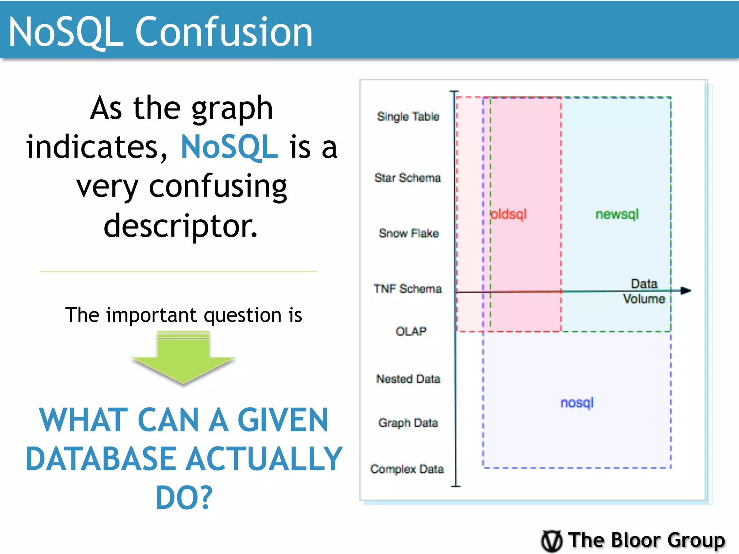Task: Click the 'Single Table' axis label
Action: (408, 116)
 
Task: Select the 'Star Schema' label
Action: (407, 178)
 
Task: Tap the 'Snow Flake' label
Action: (408, 233)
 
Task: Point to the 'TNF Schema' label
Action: (407, 289)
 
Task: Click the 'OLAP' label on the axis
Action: (411, 331)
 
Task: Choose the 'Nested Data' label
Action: (408, 379)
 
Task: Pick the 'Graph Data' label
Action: (408, 423)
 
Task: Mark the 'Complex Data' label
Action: (407, 469)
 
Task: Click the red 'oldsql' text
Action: (509, 214)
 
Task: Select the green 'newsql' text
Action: (617, 214)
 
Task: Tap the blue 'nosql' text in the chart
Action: (577, 403)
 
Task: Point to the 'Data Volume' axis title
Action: (644, 291)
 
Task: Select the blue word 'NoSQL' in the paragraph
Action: (229, 147)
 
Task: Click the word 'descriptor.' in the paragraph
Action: (180, 226)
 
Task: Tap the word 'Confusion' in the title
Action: (223, 32)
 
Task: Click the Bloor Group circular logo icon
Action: (551, 541)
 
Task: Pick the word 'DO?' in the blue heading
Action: (184, 498)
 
